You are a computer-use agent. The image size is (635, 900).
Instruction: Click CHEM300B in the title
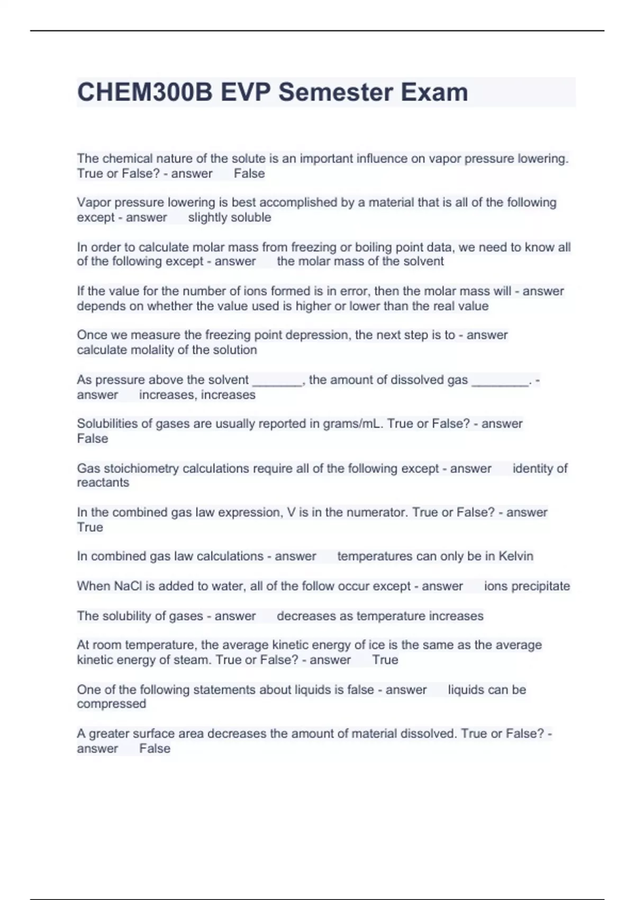[x=144, y=92]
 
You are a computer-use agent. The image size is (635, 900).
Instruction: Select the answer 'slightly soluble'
[x=230, y=218]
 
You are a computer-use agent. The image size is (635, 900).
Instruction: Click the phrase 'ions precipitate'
[x=527, y=586]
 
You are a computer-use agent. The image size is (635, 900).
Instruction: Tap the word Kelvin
[x=516, y=556]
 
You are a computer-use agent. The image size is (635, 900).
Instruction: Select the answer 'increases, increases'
[x=197, y=395]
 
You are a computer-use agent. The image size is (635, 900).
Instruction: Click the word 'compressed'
[x=111, y=704]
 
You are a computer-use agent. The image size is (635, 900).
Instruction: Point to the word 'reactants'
[x=103, y=483]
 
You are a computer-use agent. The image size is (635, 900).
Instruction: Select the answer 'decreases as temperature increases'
[x=380, y=616]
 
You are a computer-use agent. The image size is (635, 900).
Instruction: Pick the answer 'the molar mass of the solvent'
[x=360, y=262]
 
